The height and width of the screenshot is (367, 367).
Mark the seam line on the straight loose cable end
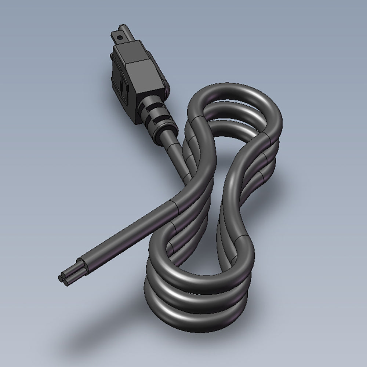pyautogui.click(x=175, y=208)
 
